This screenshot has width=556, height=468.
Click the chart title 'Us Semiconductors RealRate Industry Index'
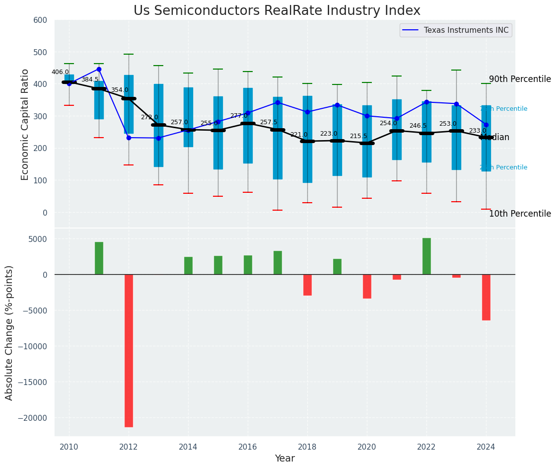click(277, 11)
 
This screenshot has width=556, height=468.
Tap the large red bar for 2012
click(129, 350)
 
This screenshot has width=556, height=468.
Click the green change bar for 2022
click(426, 256)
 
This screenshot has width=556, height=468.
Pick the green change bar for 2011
click(99, 258)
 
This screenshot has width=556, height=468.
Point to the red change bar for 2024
click(486, 297)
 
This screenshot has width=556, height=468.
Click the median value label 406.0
click(60, 72)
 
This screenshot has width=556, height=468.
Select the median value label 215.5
click(358, 136)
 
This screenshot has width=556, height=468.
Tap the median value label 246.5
click(418, 126)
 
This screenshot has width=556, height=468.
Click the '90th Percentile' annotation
click(520, 79)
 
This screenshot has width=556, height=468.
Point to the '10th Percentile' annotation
click(520, 214)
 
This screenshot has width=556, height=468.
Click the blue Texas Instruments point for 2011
click(99, 69)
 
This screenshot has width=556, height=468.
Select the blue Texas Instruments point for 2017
click(278, 102)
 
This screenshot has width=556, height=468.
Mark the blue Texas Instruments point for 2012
click(129, 138)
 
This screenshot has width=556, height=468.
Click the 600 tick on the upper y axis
click(40, 20)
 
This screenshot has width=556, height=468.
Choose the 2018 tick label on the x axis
click(307, 447)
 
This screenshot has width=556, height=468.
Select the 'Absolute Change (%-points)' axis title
click(9, 332)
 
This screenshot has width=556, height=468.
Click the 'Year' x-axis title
click(284, 459)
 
